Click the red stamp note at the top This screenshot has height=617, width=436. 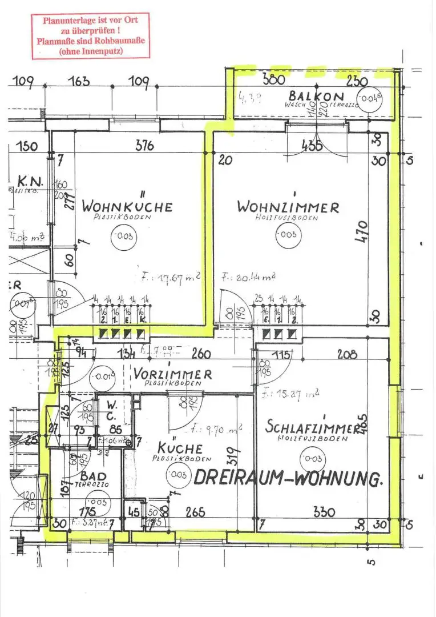[x=91, y=36]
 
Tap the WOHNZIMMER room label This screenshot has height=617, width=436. [x=288, y=207]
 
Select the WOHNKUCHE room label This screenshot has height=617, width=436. [x=127, y=206]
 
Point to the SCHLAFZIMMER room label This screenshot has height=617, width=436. [x=313, y=426]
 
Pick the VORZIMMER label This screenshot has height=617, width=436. [x=172, y=375]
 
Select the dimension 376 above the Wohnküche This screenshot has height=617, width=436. [x=144, y=146]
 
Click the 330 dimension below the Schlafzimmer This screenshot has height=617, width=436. [x=324, y=512]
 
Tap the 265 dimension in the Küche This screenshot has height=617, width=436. [x=195, y=512]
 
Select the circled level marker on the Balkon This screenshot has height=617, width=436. [x=371, y=98]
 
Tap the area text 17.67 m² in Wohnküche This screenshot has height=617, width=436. [x=171, y=278]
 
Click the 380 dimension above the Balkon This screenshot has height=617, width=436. [x=273, y=79]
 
